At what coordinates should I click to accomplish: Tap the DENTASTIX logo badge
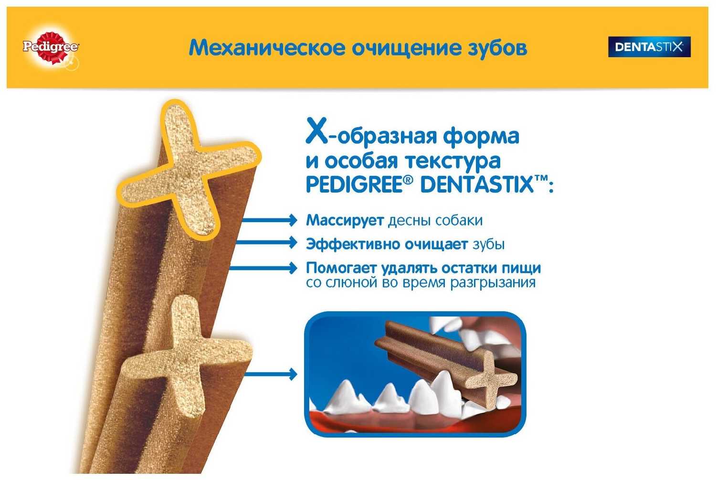[649, 47]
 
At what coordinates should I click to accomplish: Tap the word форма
[481, 136]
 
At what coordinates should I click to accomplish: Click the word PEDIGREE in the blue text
[353, 185]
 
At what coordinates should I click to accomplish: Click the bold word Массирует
[345, 220]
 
